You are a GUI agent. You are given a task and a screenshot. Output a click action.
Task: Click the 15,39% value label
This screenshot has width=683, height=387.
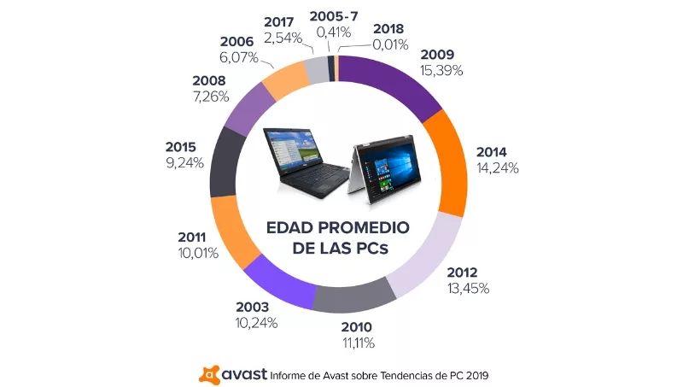click(442, 70)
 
